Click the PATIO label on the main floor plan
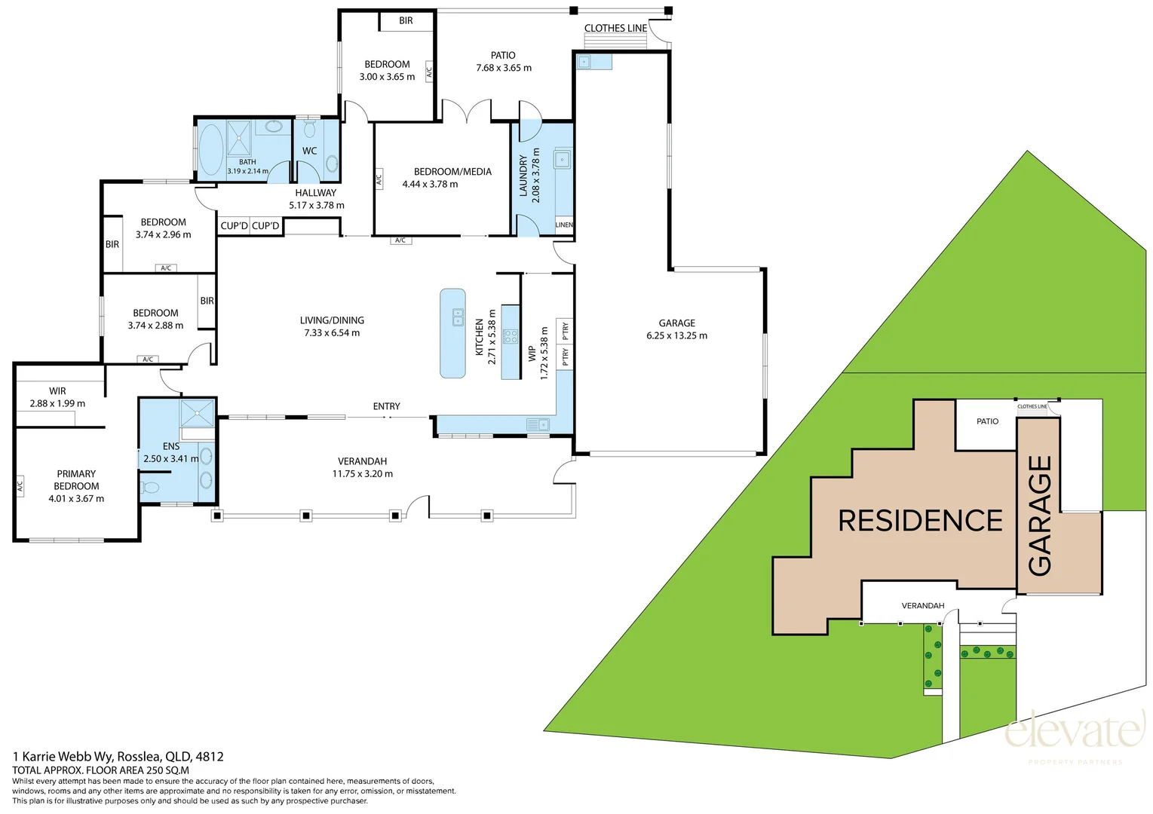503,55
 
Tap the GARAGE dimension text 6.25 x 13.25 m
677,335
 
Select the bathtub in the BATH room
210,150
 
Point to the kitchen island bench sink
458,317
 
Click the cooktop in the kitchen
510,336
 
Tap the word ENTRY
387,406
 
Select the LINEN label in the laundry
564,225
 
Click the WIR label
57,391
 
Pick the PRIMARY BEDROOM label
76,479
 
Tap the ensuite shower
197,413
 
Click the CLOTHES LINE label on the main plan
615,29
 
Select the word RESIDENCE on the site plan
920,520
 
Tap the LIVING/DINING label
332,320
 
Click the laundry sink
562,159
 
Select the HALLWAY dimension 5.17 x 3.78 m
317,205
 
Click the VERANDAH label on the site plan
923,606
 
